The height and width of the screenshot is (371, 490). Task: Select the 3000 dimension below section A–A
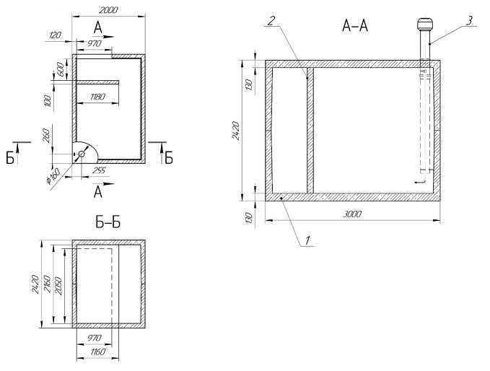351,214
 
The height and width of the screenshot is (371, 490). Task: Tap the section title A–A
354,27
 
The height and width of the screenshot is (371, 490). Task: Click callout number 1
308,240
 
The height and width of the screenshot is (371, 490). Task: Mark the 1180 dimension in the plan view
98,97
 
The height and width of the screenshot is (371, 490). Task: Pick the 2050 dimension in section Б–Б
60,284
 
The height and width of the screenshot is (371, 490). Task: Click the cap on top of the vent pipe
423,27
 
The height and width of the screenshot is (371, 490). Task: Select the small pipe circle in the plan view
82,154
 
